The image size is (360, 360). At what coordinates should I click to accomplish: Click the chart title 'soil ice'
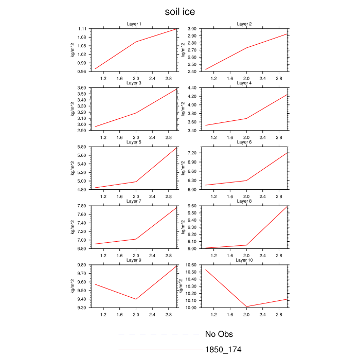tap(180, 11)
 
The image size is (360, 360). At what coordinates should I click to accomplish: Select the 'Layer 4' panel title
tap(244, 83)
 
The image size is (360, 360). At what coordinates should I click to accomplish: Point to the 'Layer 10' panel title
tap(244, 260)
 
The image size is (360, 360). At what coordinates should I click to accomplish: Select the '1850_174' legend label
tap(223, 350)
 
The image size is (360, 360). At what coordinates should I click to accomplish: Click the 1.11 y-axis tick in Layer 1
tap(81, 29)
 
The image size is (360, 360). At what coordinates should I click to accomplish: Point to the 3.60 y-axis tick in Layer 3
tap(81, 88)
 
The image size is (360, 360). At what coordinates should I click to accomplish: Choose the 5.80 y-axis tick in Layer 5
tap(81, 147)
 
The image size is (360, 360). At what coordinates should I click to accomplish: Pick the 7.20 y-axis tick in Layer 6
tap(191, 153)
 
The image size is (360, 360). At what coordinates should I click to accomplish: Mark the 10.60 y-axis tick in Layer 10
tap(190, 265)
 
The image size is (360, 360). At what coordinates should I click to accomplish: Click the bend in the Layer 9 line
tap(136, 299)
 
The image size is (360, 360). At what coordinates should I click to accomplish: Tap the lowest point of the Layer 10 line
tap(246, 307)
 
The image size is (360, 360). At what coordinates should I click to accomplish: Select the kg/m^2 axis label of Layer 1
tap(73, 50)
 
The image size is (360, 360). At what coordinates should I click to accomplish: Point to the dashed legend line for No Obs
tap(158, 334)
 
